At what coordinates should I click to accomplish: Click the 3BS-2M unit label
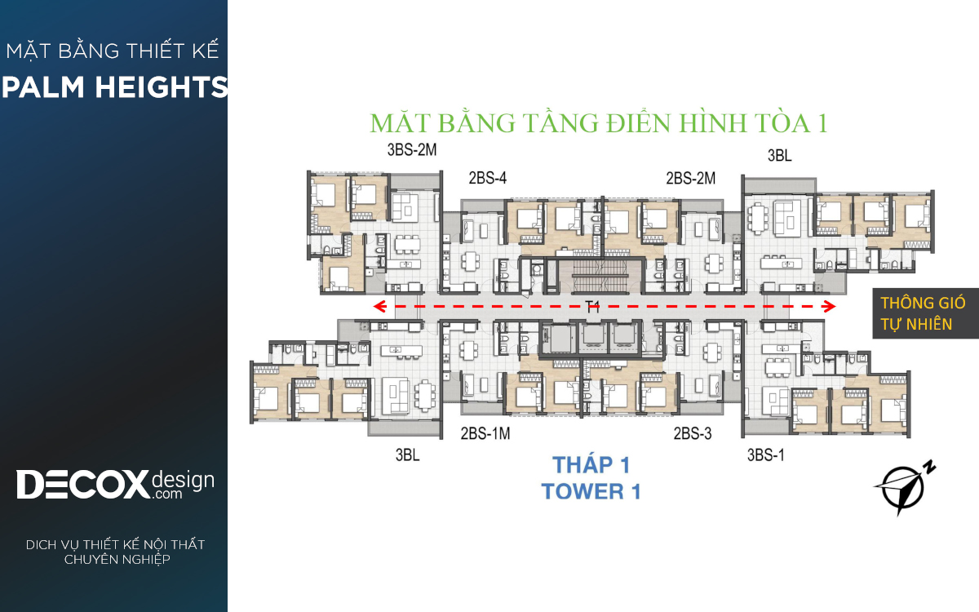coord(412,150)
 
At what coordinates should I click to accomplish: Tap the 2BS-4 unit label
coord(487,178)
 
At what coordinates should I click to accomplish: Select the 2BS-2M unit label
coord(690,179)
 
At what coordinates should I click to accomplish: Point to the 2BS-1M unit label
coord(485,433)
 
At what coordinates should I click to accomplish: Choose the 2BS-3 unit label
coord(693,433)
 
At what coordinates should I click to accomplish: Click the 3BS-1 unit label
coord(766,455)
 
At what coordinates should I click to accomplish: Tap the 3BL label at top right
coord(779,155)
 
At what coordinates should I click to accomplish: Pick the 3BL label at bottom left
coord(407,455)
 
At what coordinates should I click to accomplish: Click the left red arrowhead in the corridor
coord(380,306)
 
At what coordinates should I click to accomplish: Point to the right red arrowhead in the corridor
coord(829,306)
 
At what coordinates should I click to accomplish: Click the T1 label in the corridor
coord(592,307)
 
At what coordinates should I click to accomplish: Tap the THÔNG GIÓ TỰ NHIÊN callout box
coord(926,313)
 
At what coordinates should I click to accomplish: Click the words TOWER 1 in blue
coord(591,491)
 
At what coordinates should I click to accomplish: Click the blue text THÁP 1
coord(591,464)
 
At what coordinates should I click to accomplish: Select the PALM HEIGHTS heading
coord(114,86)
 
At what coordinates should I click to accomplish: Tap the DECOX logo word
coord(82,485)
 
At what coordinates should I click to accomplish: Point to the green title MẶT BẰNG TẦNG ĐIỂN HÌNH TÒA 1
coord(599,123)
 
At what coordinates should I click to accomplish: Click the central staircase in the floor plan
coord(600,276)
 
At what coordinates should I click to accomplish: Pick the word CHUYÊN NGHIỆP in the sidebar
coord(117,560)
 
